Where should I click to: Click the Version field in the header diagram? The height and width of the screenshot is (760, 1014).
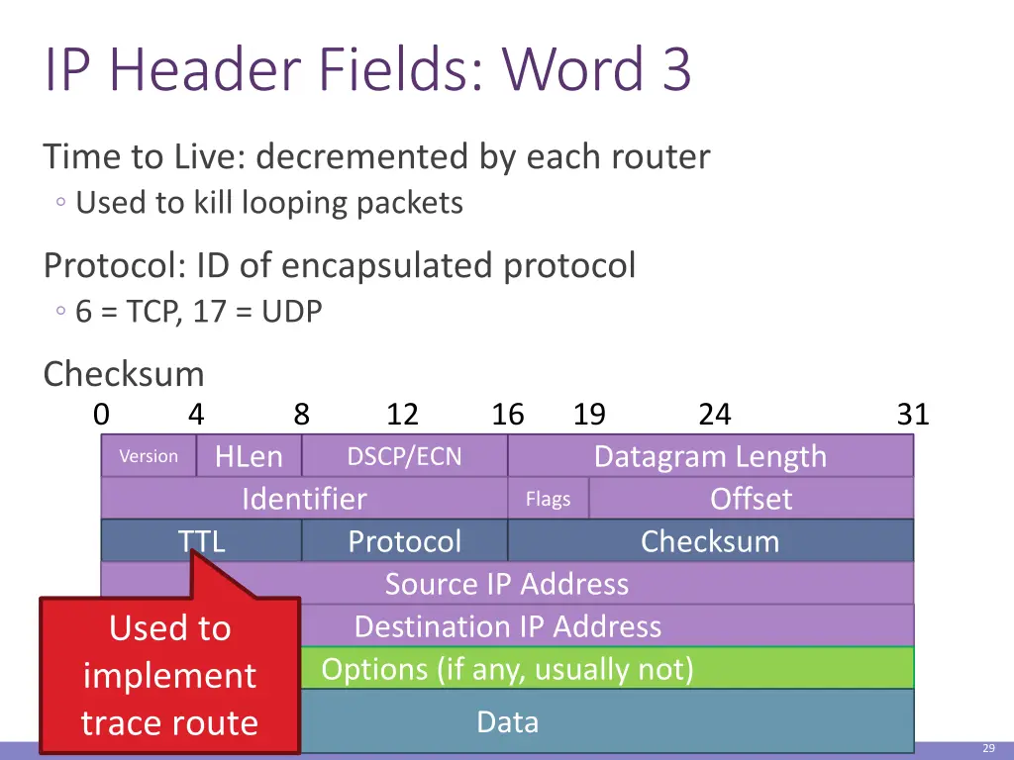coord(149,456)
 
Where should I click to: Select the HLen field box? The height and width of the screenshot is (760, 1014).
coord(249,456)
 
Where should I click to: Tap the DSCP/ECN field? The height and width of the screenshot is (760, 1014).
coord(404,456)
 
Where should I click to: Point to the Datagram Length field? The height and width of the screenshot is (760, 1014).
coord(710,456)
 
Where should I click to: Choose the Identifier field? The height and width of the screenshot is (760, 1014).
coord(304,499)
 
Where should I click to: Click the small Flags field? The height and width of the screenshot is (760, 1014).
coord(548,499)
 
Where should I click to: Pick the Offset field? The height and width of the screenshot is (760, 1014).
coord(751,499)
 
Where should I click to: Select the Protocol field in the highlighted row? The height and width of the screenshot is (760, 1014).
coord(404,541)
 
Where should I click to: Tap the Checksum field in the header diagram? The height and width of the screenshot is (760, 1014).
coord(710,541)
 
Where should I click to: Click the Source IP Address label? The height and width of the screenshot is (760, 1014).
coord(507,584)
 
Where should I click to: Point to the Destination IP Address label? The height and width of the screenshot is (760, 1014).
coord(507,626)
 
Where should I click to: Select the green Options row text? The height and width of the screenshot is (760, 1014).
coord(507,669)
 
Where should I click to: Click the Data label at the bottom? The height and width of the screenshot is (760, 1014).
coord(507,721)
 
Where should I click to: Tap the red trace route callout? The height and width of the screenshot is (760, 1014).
coord(169,675)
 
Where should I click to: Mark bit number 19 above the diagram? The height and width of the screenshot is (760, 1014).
coord(589,414)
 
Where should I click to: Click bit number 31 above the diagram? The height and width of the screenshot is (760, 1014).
coord(913,414)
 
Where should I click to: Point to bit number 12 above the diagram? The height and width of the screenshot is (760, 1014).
coord(402,414)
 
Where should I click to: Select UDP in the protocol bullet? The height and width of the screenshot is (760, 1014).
coord(292,313)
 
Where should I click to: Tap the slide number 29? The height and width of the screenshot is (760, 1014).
coord(988,748)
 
